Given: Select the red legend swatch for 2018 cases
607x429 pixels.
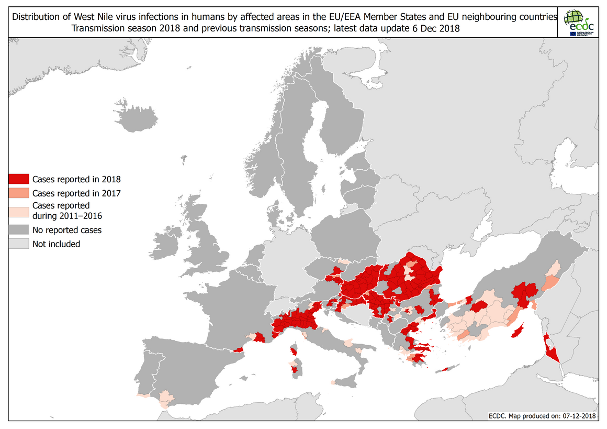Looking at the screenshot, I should point(19,179).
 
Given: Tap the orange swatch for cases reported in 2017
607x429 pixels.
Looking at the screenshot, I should point(19,193).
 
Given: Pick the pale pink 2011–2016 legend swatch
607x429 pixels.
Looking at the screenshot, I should point(19,211).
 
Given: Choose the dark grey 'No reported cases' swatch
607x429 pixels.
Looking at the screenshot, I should point(19,230).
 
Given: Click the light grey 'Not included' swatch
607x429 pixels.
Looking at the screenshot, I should point(19,244).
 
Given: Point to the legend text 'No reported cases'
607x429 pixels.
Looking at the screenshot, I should point(67,230).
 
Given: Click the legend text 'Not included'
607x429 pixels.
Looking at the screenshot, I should point(56,244).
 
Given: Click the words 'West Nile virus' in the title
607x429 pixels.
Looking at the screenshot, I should point(132,17).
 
